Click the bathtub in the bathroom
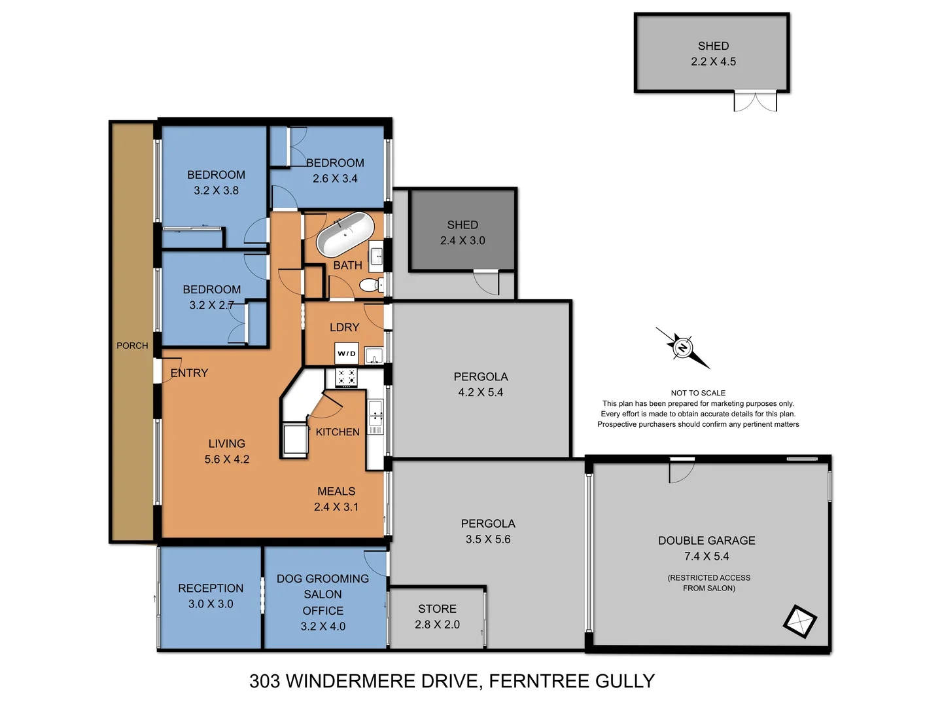point(345,234)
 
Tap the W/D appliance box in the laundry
point(347,353)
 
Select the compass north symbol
point(682,348)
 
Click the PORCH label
point(132,346)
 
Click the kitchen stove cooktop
point(346,377)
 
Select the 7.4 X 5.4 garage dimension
point(706,556)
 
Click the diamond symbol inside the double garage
point(800,621)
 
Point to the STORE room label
point(437,609)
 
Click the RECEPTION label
point(211,589)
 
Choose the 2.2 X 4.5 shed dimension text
point(713,62)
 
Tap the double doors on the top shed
point(755,101)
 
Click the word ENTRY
point(189,373)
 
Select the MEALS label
point(336,491)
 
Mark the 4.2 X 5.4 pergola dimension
point(481,393)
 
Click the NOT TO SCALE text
point(698,393)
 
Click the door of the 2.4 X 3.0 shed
point(486,281)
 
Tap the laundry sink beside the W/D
point(374,355)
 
